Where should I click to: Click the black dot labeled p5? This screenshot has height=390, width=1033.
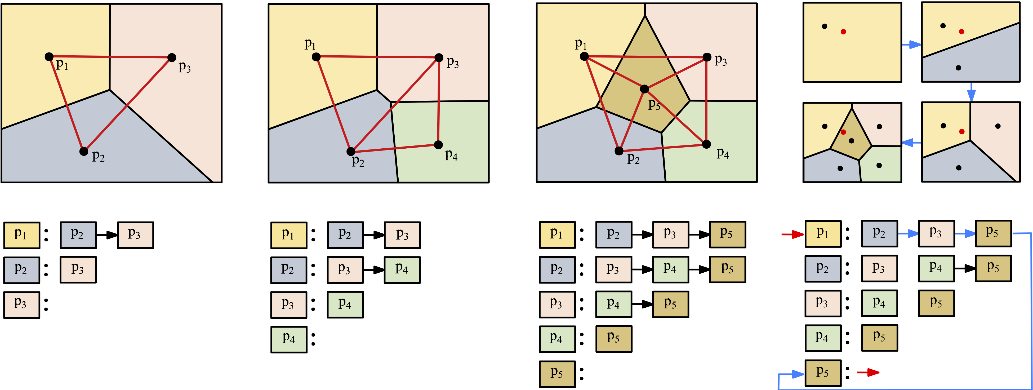[644, 89]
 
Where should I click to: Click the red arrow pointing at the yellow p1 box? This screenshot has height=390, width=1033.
[792, 234]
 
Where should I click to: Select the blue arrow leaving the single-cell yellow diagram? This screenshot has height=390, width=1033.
[911, 45]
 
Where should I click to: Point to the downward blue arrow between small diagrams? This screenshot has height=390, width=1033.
[971, 92]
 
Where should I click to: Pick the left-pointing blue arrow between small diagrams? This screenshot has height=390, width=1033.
[911, 143]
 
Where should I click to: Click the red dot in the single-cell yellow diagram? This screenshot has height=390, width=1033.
[843, 32]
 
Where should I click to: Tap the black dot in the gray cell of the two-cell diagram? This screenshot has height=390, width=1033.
[958, 68]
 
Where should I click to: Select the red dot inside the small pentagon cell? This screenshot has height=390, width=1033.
[843, 132]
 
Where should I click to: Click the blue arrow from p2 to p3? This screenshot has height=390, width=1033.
[908, 233]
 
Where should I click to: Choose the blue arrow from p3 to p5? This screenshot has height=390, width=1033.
[965, 233]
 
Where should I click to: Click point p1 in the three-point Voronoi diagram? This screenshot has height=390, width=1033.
[49, 57]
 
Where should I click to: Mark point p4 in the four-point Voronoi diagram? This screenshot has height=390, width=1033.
[438, 144]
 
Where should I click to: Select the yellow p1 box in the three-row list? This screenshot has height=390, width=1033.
[22, 235]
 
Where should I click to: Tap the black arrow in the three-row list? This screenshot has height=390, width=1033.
[107, 235]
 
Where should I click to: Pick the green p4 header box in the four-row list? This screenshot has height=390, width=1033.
[289, 339]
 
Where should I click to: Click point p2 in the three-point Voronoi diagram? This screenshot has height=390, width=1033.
[83, 151]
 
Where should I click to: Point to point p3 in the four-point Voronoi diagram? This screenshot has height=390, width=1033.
[439, 57]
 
